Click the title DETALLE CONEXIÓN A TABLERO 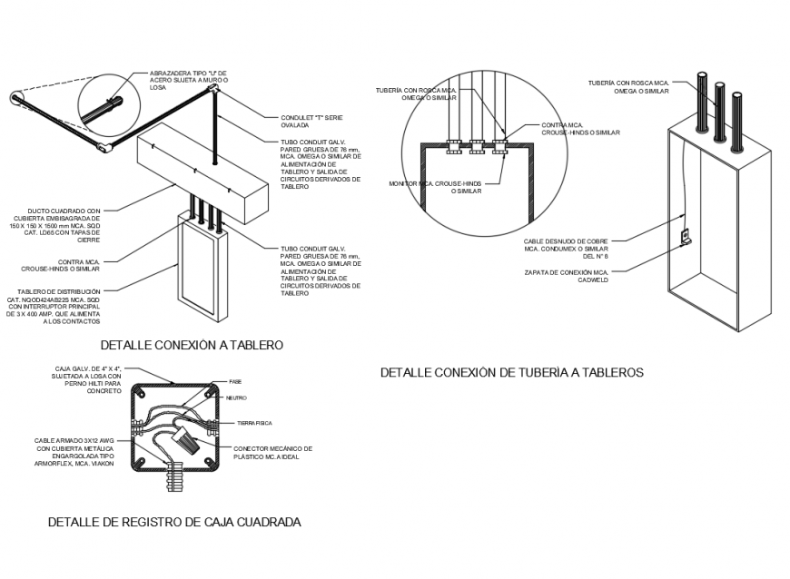192,345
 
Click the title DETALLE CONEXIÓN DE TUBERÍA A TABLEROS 511,372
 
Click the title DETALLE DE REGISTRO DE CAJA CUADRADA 174,522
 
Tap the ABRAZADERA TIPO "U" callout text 189,81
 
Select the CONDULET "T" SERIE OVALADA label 311,122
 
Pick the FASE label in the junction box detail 235,381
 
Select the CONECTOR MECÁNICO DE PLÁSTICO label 272,452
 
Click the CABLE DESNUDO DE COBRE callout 565,249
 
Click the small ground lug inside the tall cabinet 686,238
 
